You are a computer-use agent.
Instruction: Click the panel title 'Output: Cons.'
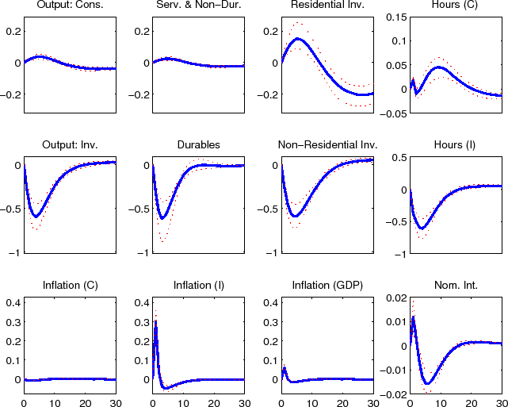pos(70,6)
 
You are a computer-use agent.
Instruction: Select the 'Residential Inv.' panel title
pos(327,6)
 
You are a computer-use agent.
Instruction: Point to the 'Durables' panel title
pos(198,145)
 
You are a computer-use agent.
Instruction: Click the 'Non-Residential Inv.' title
pos(327,145)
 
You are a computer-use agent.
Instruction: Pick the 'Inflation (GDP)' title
pos(327,284)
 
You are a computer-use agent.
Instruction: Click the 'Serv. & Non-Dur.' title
pos(198,6)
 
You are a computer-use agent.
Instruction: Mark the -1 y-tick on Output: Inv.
pos(14,253)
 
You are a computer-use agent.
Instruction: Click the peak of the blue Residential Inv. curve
pos(297,38)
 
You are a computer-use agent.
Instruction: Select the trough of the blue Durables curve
pos(162,218)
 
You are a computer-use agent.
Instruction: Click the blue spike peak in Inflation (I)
pos(155,324)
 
